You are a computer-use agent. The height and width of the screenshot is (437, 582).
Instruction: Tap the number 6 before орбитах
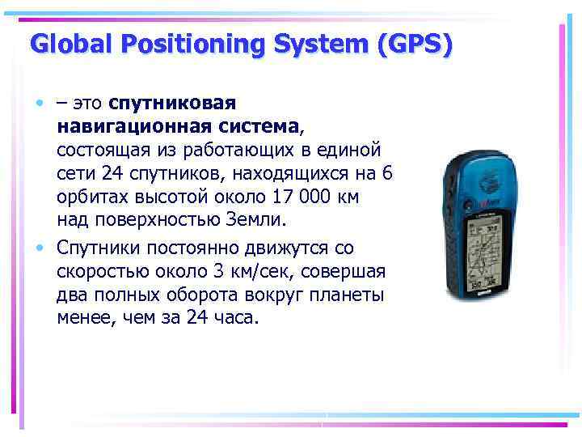(x=387, y=174)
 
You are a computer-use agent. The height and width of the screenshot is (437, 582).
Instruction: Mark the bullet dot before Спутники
(x=39, y=248)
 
